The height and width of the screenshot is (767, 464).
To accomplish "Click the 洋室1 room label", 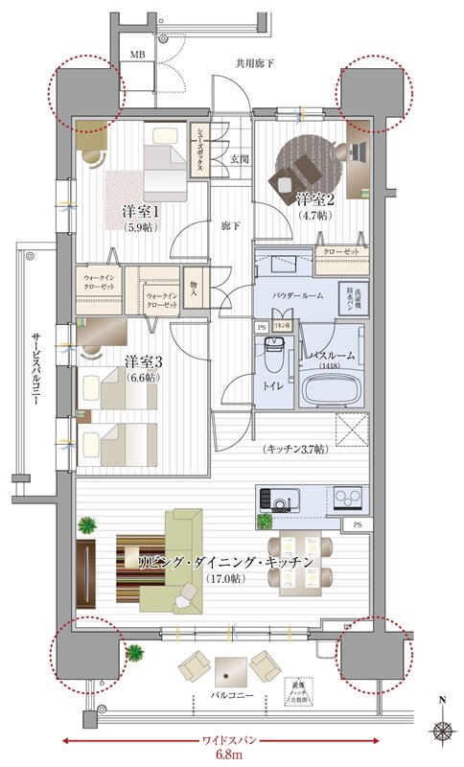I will pos(140,211).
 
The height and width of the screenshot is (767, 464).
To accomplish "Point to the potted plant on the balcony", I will pos(133,654).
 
